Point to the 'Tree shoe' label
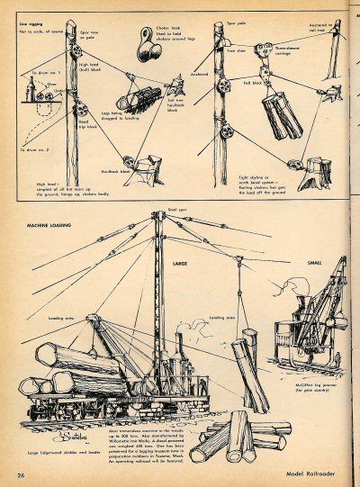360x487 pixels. [x=237, y=53]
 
